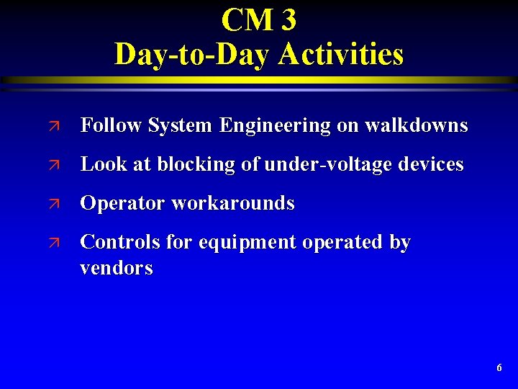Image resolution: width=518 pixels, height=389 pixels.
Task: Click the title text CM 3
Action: pos(258,20)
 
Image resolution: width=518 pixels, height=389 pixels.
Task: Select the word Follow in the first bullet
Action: pos(111,126)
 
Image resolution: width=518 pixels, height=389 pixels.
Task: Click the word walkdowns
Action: pos(416,126)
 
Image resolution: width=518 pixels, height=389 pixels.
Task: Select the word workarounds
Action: pos(232,204)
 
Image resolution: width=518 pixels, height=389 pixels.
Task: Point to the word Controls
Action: pos(120,243)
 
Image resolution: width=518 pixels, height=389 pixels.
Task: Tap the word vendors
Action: pos(117,269)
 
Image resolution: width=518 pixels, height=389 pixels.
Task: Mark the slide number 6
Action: pos(499,368)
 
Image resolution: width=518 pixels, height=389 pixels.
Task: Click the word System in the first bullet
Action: pos(180,126)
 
